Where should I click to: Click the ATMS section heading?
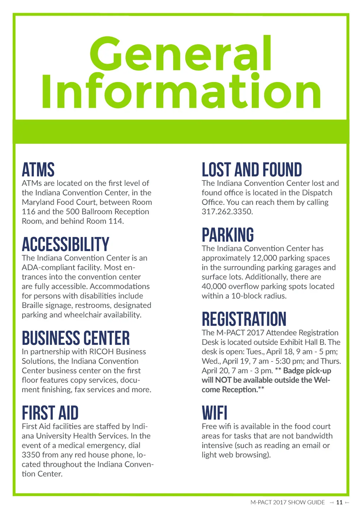38,170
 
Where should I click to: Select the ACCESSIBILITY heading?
65,245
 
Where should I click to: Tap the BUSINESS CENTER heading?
76,338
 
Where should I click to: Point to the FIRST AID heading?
50,413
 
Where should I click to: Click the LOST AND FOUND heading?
252,170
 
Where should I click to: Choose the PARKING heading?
228,235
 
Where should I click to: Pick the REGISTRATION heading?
244,319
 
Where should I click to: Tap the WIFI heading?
215,413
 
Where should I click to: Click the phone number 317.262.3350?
227,212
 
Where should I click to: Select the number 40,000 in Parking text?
214,286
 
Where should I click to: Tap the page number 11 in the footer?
339,503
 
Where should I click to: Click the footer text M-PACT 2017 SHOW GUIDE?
287,503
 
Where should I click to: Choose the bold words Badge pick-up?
307,371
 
